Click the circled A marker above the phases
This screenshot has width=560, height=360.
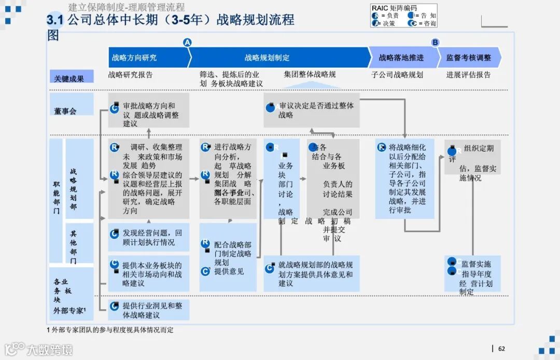point(188,43)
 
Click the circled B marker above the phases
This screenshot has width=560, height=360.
point(436,43)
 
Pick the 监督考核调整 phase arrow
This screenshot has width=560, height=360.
point(469,58)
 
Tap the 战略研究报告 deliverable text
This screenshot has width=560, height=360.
point(130,75)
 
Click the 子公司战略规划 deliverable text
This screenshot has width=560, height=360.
point(397,75)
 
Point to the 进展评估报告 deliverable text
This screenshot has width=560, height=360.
point(468,75)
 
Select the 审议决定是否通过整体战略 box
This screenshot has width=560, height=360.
point(311,110)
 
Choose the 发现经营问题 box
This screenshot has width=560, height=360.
point(149,238)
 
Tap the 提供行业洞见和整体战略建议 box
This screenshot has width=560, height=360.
point(149,310)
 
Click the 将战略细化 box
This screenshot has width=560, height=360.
point(404,178)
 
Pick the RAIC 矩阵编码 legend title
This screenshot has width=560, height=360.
point(394,8)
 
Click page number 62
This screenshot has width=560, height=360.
point(501,349)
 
